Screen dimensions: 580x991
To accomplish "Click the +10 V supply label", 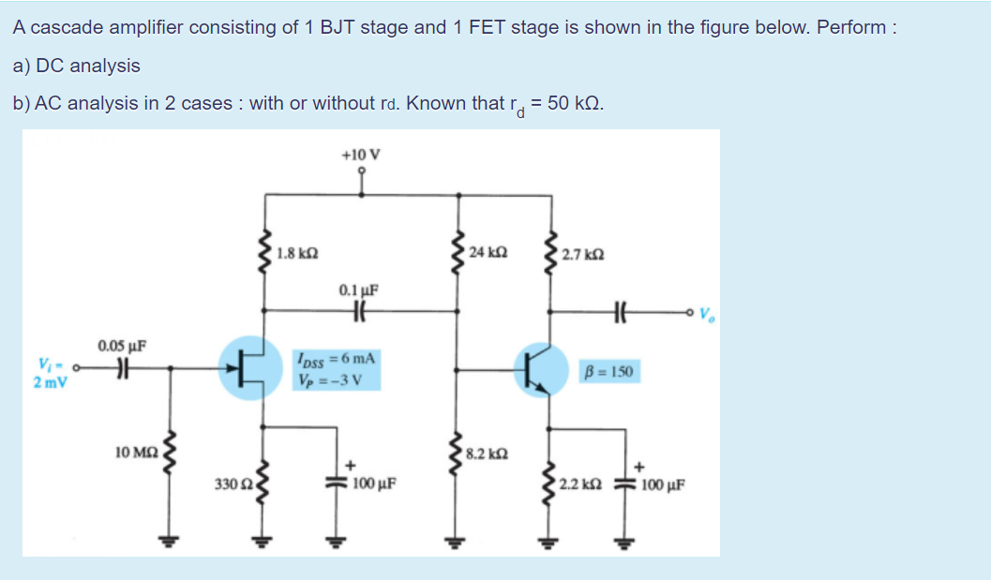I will [x=361, y=155].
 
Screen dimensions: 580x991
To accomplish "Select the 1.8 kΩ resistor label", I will [x=298, y=253].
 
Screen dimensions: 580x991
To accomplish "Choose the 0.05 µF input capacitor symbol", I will [x=120, y=368].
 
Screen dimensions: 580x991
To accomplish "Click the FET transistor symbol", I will [x=249, y=367].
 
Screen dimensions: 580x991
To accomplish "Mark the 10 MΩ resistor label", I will [x=135, y=453].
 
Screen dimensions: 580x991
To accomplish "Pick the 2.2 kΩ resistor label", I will [x=580, y=484].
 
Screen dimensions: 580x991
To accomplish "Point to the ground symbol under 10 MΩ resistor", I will [x=170, y=540].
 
